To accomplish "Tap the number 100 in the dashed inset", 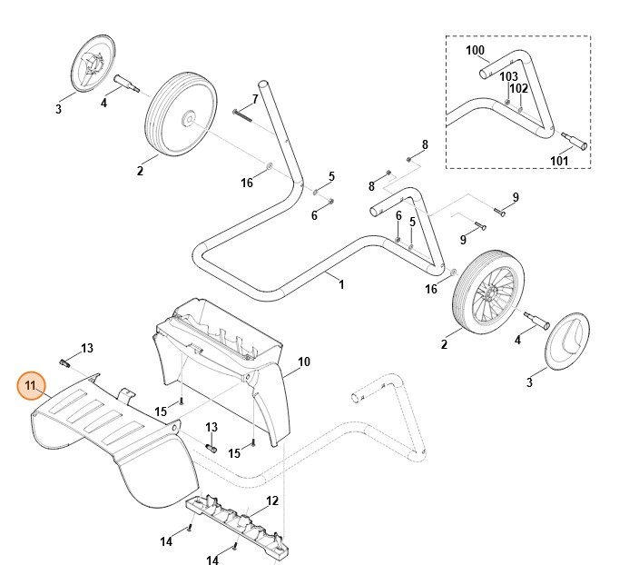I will (x=475, y=50).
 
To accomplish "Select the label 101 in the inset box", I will (x=559, y=162).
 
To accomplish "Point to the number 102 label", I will (x=518, y=89).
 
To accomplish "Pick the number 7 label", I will (x=255, y=98).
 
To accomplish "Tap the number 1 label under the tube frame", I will (x=341, y=284).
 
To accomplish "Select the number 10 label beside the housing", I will (x=303, y=362).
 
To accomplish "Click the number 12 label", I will (x=271, y=501).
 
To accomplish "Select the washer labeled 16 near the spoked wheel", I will (x=453, y=272).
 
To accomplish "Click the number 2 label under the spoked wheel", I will (x=444, y=344).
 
